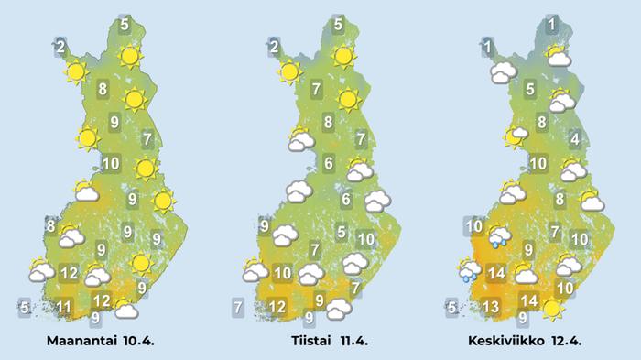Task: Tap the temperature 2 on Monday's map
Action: (x=60, y=46)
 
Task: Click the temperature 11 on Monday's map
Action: (x=64, y=306)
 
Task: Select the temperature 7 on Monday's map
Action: (x=148, y=139)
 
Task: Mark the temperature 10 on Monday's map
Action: (x=111, y=165)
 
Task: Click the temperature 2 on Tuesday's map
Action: (x=274, y=46)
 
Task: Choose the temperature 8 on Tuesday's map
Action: (x=327, y=120)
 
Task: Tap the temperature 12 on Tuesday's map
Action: (x=277, y=306)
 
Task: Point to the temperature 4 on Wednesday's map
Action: (x=575, y=139)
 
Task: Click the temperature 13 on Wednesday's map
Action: (x=491, y=306)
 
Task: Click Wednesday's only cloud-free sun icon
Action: (x=551, y=309)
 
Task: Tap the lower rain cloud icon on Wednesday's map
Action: (x=470, y=269)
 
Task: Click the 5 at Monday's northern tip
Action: (x=125, y=25)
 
